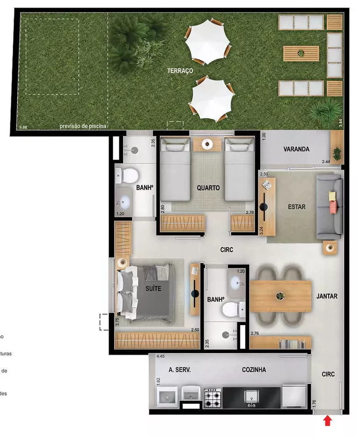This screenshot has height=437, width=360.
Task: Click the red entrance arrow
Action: [328, 421]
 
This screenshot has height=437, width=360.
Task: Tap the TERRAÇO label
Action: [180, 70]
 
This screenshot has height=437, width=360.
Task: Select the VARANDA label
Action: [296, 149]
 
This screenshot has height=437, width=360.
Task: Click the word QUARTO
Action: [208, 188]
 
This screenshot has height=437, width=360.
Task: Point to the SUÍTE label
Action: [153, 288]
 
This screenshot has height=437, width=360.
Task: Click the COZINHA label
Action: [254, 370]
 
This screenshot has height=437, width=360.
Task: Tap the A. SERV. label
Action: [180, 370]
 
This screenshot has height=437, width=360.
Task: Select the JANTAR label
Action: [327, 296]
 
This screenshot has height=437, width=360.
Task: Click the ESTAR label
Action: [297, 207]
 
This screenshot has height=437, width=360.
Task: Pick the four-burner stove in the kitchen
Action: [213, 397]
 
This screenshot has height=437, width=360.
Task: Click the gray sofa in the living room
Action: [330, 207]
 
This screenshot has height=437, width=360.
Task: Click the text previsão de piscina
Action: [83, 127]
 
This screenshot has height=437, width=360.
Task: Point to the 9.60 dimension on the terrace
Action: [23, 127]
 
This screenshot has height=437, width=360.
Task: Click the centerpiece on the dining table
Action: [280, 296]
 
